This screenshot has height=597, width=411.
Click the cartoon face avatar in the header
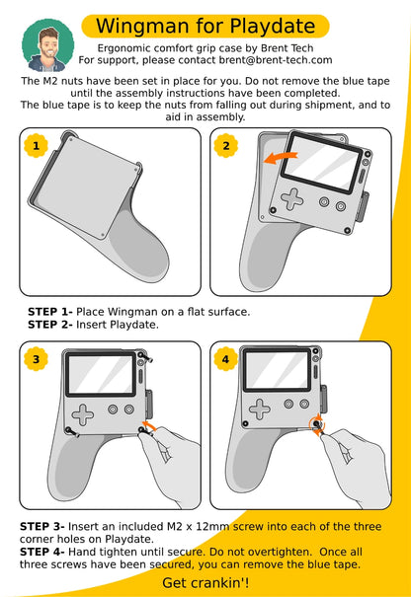47,44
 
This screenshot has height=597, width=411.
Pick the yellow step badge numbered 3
37,359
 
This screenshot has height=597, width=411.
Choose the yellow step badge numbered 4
226,359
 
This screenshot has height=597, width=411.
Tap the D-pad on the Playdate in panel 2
292,198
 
